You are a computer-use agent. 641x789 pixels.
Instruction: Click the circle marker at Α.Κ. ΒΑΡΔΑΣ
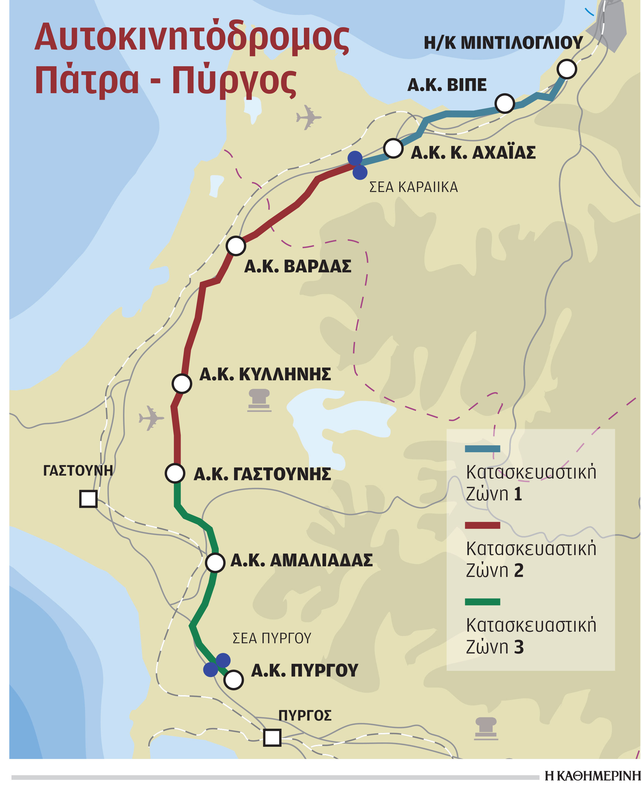pos(236,246)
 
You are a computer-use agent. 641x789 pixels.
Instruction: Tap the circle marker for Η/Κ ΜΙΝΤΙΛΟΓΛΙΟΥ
pos(567,69)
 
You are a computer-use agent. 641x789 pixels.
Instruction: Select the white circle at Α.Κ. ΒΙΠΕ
pos(505,103)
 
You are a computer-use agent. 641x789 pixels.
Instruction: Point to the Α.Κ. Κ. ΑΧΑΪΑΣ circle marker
pos(393,148)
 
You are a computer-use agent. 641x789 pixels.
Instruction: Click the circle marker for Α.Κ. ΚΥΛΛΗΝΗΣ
pos(182,384)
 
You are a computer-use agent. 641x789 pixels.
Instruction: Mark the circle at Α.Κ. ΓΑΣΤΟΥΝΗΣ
pos(175,473)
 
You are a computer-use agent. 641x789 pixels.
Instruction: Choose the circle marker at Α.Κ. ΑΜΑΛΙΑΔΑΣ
pos(215,563)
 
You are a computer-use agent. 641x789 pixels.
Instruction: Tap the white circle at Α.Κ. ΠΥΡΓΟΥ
pos(233,680)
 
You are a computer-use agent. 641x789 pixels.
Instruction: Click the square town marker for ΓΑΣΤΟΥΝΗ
pos(88,499)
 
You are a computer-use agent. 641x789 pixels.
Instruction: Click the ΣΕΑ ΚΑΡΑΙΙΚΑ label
pos(413,187)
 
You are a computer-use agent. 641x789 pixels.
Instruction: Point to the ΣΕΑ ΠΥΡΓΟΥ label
pos(272,638)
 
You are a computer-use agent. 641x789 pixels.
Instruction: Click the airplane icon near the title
pos(308,117)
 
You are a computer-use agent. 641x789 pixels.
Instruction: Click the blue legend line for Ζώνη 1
pos(482,449)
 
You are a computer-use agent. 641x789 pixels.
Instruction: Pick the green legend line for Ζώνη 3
pos(482,602)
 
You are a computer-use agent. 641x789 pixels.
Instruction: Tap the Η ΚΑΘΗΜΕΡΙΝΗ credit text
pos(592,776)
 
